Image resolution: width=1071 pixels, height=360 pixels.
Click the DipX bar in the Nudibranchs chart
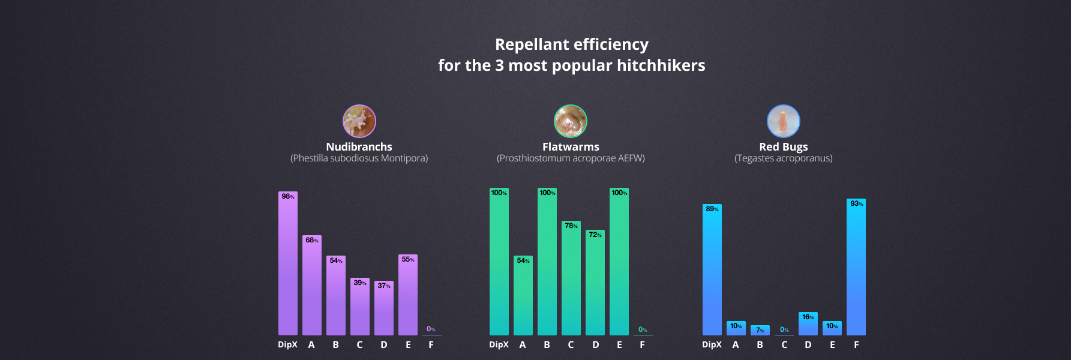click(x=288, y=264)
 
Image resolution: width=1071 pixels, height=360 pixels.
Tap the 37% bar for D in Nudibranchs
click(x=384, y=309)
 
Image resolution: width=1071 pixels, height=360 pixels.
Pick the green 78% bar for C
click(x=571, y=279)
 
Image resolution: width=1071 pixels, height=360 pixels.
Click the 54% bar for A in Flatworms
click(x=523, y=297)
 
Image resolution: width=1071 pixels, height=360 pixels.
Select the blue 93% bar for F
click(x=856, y=267)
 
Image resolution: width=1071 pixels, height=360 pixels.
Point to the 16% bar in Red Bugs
click(x=808, y=324)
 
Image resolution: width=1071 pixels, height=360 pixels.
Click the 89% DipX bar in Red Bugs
click(x=712, y=270)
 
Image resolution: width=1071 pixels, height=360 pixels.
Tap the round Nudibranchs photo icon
click(x=359, y=121)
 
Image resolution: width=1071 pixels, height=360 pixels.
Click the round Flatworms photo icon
click(x=571, y=121)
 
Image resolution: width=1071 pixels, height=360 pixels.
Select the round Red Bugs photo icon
click(x=784, y=121)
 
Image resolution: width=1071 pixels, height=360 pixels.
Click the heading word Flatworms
click(x=571, y=147)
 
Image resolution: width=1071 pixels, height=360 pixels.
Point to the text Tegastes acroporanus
click(x=784, y=158)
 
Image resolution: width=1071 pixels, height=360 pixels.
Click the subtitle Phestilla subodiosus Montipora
click(x=359, y=158)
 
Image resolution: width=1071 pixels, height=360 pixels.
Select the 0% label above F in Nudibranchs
click(x=431, y=329)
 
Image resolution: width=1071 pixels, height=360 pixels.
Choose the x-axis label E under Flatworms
click(x=619, y=345)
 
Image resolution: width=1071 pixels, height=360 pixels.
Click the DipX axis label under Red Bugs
click(x=712, y=345)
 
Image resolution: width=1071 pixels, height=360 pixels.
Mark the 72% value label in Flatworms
click(x=595, y=235)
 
